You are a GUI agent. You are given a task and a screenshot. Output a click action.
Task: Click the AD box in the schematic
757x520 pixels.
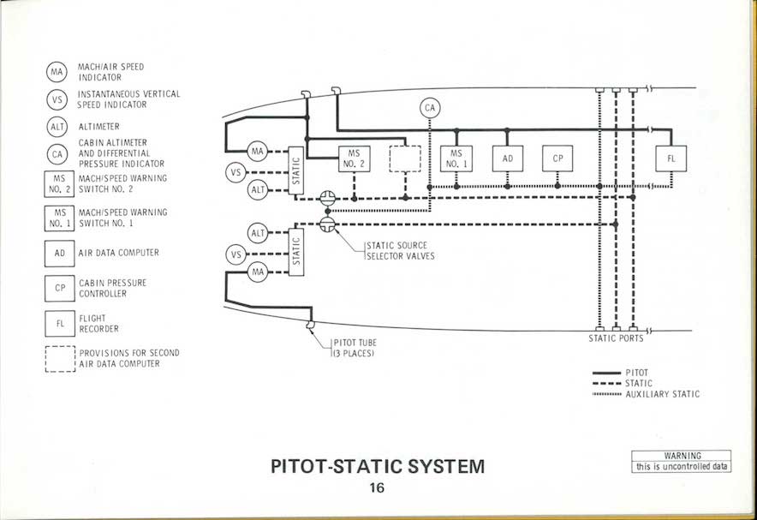tap(508, 159)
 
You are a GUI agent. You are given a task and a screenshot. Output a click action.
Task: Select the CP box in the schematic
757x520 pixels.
tap(557, 159)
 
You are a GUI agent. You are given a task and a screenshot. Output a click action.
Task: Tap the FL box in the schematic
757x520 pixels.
tap(671, 159)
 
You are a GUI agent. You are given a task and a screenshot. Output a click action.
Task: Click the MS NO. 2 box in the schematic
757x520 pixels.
tap(355, 159)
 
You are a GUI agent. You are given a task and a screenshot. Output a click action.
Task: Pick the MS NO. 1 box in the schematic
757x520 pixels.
tap(456, 159)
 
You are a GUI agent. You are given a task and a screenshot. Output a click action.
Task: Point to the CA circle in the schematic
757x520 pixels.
tap(430, 109)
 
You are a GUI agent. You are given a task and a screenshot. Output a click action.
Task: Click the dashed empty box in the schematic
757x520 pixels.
tap(405, 159)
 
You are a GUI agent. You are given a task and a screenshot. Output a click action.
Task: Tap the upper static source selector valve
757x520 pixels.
tap(326, 198)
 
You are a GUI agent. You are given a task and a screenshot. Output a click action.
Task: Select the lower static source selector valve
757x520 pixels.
tap(326, 224)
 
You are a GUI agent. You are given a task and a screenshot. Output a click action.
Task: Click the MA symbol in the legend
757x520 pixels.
tap(57, 72)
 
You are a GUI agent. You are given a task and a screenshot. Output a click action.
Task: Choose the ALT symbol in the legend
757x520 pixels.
tap(57, 127)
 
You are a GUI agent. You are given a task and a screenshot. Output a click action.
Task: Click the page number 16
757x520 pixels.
tap(377, 488)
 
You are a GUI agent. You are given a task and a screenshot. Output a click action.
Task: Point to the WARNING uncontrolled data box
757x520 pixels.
tap(682, 462)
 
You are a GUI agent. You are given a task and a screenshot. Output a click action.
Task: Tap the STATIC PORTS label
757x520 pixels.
tap(616, 338)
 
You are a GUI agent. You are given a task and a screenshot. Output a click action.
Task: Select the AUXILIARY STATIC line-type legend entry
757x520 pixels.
tap(661, 394)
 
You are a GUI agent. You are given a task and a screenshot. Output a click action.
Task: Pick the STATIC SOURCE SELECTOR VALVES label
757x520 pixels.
tap(400, 251)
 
